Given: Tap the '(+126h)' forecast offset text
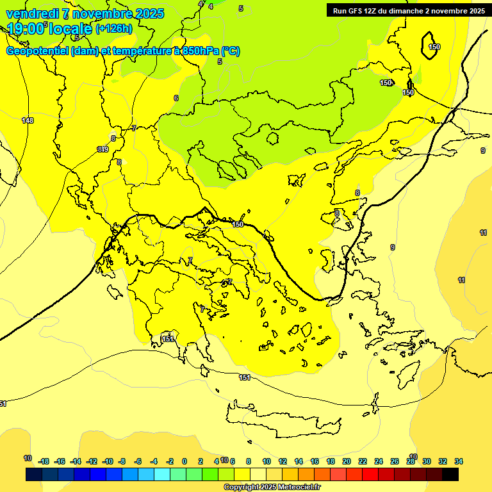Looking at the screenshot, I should pos(113,28).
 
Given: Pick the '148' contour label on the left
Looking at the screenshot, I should pos(27,120).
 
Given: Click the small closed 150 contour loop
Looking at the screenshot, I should pos(430,46).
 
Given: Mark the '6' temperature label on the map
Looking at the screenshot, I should pos(176,98).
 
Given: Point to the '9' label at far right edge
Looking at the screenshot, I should pos(483,151).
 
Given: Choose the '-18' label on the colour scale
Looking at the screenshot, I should pos(44,461).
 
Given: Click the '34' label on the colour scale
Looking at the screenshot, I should pos(459,461).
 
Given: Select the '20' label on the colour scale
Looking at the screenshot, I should pos(347,461).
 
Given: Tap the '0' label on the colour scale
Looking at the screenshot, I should pos(184,461).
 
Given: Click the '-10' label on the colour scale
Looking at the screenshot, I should pos(108,461).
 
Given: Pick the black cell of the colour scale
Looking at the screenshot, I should pos(450,475).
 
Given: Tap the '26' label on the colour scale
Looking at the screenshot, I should pos(394,461).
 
